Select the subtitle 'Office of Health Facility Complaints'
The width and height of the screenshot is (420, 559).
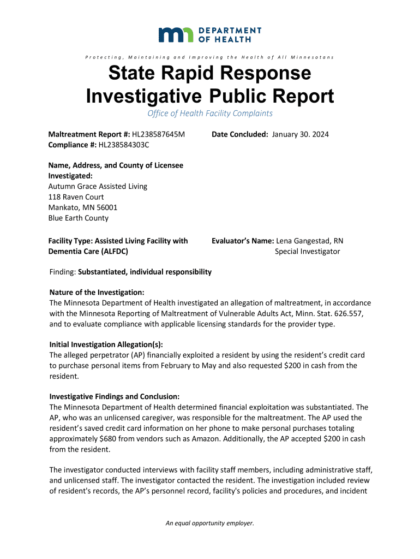coord(210,114)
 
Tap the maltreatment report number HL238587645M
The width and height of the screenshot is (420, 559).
coord(159,134)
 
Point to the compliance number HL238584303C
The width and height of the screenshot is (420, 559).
coord(123,145)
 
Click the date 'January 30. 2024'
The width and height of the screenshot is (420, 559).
coord(301,134)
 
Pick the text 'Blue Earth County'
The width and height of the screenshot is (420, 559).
coord(79,218)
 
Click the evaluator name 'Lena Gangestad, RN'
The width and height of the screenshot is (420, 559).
coord(310,241)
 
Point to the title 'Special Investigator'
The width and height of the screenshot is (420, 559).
coord(307,251)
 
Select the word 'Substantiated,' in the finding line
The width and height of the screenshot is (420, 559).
coord(103,272)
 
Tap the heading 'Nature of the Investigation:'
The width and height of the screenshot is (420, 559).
coord(97,293)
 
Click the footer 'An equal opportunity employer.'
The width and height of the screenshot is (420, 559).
coord(210,523)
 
